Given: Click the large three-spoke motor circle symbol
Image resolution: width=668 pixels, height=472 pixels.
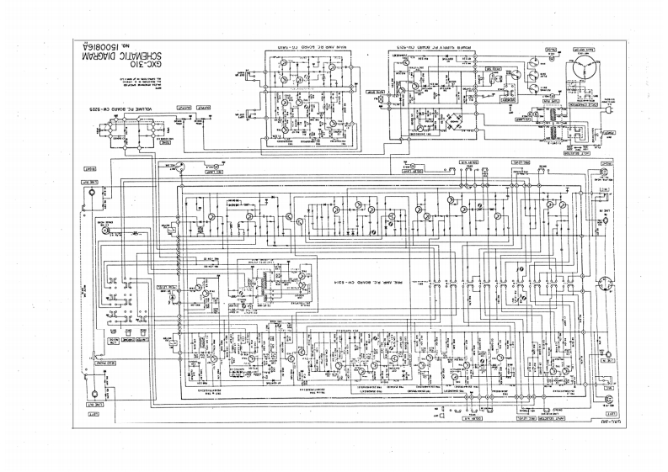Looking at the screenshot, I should pos(584,66).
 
